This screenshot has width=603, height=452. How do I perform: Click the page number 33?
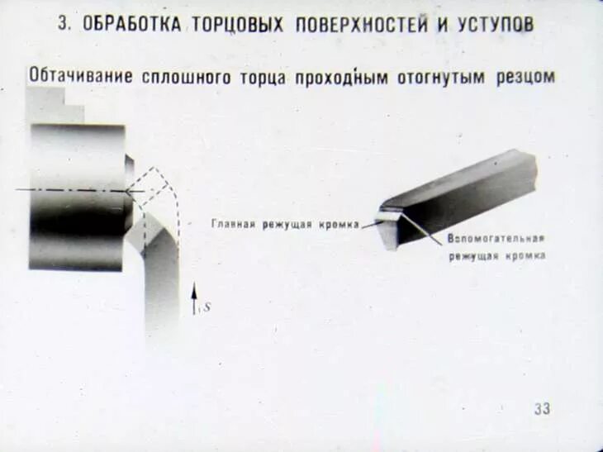coord(541,408)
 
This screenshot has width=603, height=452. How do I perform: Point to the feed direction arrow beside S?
coord(194,299)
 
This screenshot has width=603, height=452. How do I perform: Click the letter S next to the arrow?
coord(207,307)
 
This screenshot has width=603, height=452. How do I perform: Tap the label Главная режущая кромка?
coord(284,224)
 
